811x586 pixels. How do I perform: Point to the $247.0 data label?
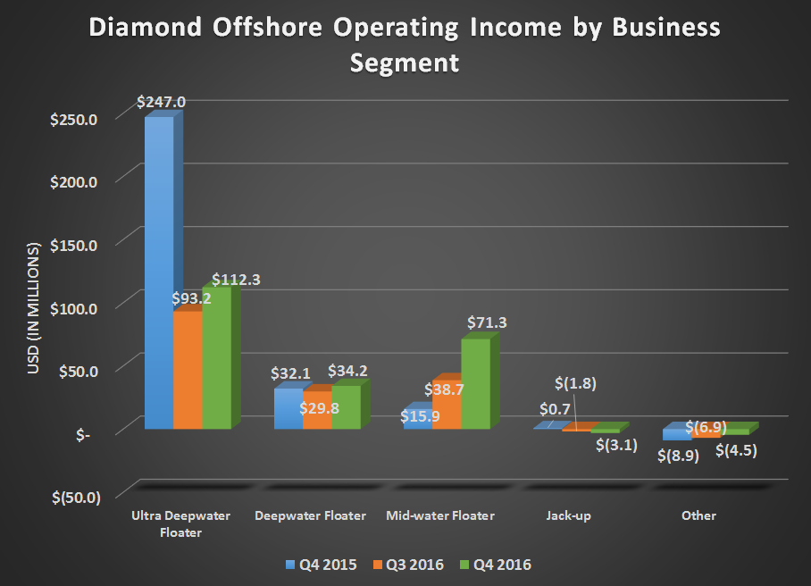[x=161, y=102]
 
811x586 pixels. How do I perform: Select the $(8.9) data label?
[x=679, y=456]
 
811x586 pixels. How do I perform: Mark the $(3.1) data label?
[x=616, y=445]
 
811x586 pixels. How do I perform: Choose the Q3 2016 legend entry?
[x=408, y=564]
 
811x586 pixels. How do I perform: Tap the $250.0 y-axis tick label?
[x=77, y=118]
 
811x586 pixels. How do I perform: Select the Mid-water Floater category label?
[x=440, y=515]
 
